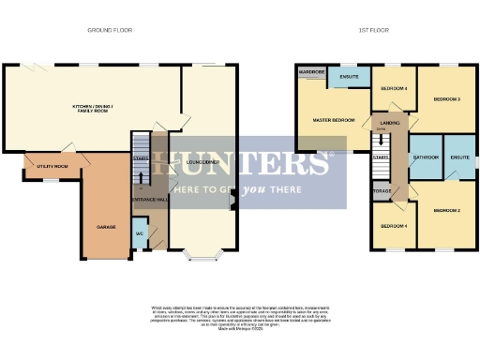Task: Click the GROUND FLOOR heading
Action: click(x=110, y=30)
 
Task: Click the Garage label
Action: click(x=106, y=227)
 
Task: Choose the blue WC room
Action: click(x=139, y=232)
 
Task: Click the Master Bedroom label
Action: click(x=333, y=120)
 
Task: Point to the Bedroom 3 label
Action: click(x=445, y=98)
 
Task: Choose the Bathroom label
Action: click(x=427, y=157)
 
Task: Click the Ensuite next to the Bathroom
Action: click(x=459, y=157)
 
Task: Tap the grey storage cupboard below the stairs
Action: click(x=382, y=191)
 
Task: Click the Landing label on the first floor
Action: click(x=385, y=123)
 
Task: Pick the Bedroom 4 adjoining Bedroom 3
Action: click(x=394, y=88)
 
